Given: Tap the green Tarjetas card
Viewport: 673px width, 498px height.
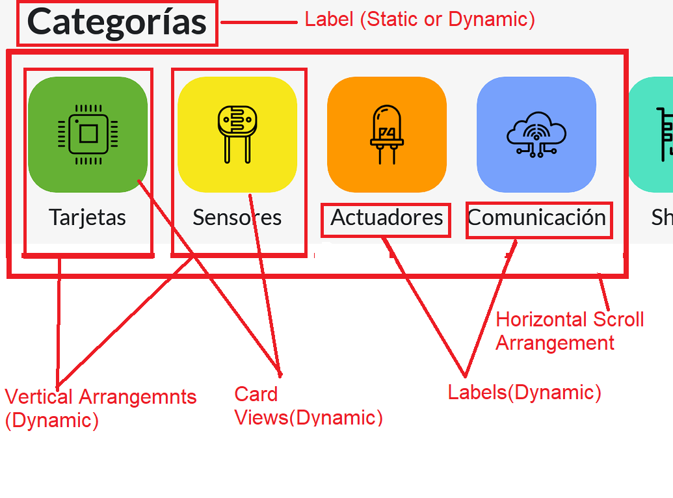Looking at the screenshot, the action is coord(88,135).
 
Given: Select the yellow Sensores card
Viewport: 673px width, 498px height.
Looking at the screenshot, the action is coord(237,135).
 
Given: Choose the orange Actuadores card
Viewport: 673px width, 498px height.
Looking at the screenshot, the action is coord(387,135).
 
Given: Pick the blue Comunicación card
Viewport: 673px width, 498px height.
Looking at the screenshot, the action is coord(536,135).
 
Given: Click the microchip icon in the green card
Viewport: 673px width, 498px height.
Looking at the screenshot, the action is coord(88,135).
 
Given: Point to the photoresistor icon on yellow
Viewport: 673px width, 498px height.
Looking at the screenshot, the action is coord(237,135).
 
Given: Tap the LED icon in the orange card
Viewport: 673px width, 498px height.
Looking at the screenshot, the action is coord(387,135).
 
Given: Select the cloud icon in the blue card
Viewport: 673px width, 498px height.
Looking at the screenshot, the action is coord(536,135).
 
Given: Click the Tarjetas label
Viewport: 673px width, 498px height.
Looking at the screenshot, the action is coord(88,218).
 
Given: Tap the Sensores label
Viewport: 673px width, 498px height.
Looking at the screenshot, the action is coord(237,218).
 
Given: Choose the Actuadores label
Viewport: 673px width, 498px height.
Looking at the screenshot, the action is coord(387,218).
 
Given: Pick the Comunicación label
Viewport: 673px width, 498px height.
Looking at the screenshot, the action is coord(536,218).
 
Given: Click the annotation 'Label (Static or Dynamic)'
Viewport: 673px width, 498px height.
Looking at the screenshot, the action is coord(420,20).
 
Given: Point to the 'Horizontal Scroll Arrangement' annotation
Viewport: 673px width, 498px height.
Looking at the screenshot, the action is coord(570,332).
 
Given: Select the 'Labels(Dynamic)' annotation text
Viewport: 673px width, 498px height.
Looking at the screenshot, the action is coord(525,393).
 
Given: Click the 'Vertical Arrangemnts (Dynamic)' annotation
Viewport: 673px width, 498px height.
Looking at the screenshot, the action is coord(100,408).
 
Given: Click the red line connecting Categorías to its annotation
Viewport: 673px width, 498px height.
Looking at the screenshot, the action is coord(259,22).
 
